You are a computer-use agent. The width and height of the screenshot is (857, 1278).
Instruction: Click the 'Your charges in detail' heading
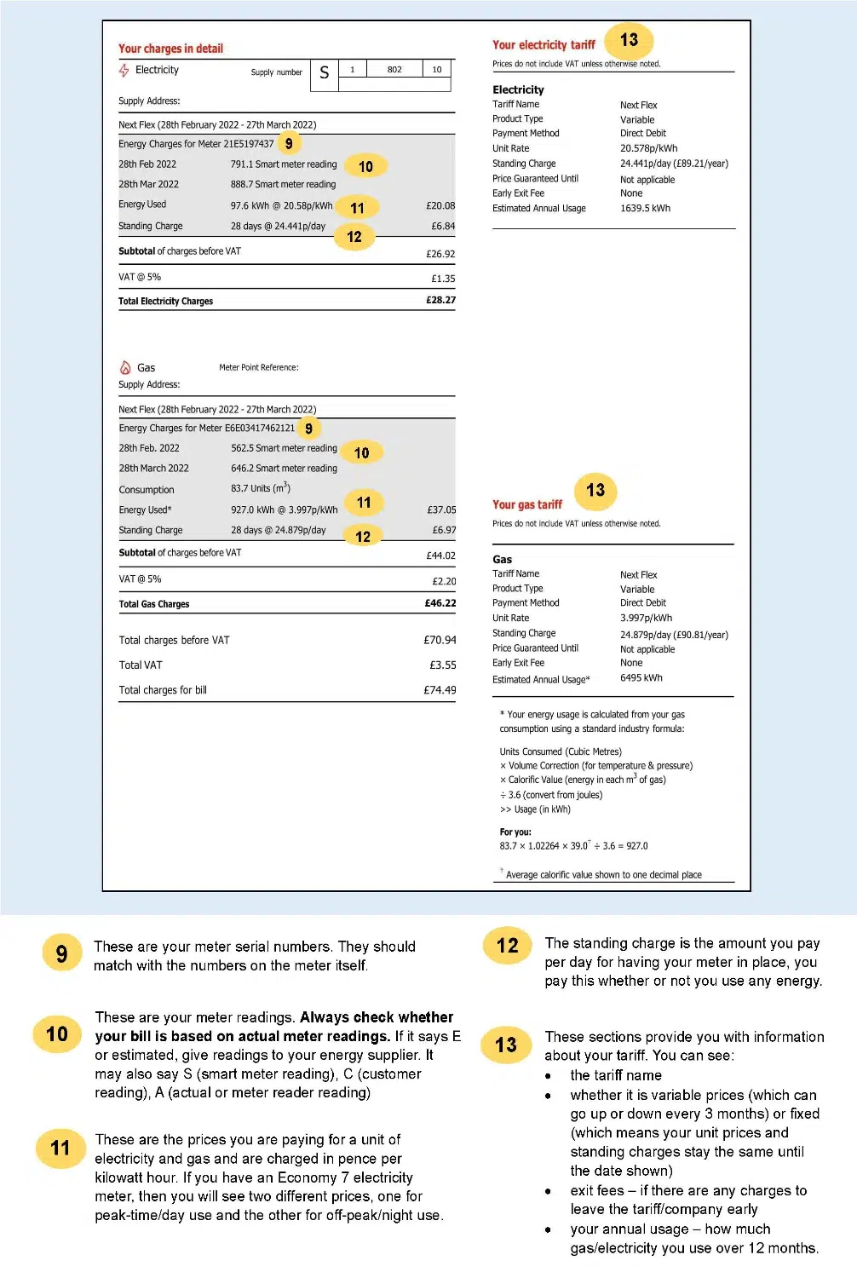click(170, 49)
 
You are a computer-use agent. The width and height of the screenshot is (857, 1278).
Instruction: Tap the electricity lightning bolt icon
click(124, 70)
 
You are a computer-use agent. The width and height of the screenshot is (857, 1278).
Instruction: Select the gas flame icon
click(125, 368)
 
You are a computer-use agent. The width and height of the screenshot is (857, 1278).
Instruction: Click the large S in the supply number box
click(324, 73)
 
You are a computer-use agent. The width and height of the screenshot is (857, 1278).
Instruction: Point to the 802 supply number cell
click(394, 70)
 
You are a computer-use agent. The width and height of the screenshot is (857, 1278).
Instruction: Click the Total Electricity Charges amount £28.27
click(440, 300)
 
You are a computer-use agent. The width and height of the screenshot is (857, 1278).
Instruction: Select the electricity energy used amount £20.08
click(440, 205)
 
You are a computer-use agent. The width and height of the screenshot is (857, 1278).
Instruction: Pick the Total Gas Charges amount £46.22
click(440, 603)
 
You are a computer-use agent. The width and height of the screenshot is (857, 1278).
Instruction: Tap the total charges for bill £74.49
click(440, 690)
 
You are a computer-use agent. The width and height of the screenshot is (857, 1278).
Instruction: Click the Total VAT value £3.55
click(442, 665)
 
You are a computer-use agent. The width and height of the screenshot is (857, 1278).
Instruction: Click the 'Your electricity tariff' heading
click(544, 45)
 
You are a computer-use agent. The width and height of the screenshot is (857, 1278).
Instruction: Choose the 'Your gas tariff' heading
click(527, 504)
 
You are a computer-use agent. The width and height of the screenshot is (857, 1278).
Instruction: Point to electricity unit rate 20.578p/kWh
click(648, 148)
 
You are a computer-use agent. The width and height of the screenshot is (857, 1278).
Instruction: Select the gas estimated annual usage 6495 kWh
click(641, 678)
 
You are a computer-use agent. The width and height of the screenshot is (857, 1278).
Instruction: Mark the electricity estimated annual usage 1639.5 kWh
click(645, 208)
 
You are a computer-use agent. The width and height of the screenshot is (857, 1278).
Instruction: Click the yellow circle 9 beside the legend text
click(61, 953)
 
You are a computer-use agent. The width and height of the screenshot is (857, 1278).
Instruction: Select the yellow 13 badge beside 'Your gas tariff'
click(595, 490)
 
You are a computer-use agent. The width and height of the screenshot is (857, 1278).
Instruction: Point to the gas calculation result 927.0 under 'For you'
click(636, 846)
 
